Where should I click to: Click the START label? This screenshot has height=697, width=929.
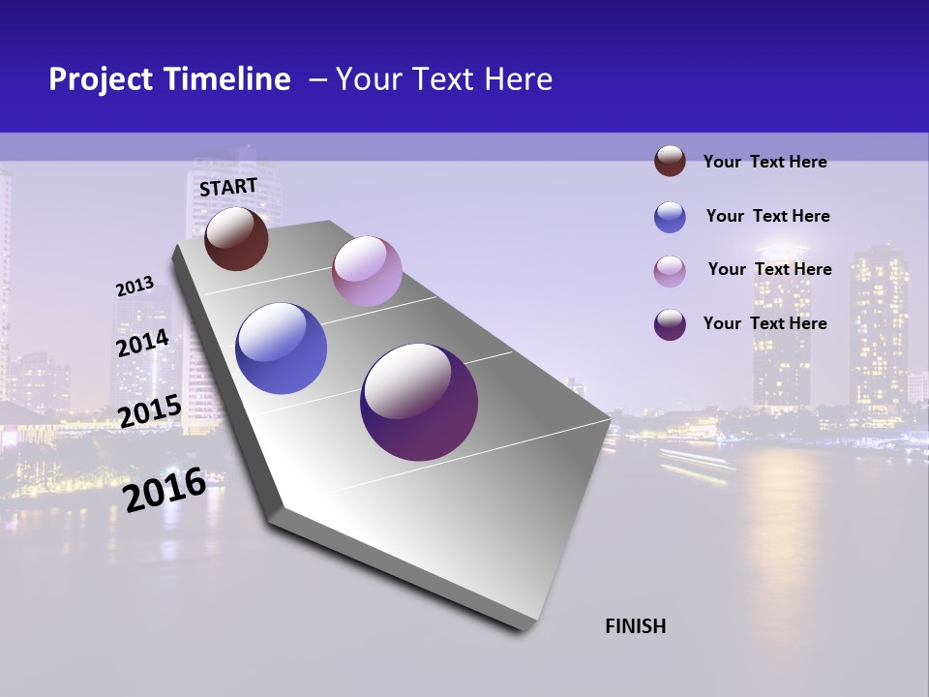pos(228,187)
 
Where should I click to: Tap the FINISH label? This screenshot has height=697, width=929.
pos(636,626)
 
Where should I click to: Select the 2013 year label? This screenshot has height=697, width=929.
pos(135,287)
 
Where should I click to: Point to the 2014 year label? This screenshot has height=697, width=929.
pos(143,344)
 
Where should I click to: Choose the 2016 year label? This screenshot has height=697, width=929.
pos(165,490)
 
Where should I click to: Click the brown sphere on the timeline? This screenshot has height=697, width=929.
pos(237,238)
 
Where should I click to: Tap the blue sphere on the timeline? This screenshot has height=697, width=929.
pos(281,348)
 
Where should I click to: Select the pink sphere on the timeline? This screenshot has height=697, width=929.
pos(367,270)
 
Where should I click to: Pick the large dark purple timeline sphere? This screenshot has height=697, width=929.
pos(419,402)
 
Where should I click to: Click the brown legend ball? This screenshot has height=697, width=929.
pos(670,161)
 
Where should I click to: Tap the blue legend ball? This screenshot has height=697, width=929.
pos(670,217)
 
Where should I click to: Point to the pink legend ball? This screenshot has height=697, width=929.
pos(670,271)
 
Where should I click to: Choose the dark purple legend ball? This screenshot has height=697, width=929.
pos(670,324)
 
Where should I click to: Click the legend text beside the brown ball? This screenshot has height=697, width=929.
pos(764,162)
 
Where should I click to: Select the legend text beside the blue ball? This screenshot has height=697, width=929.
pos(767,216)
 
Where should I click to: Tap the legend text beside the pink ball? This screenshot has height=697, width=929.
pos(769,269)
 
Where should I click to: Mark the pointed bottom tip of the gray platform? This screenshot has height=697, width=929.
pos(523,631)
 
